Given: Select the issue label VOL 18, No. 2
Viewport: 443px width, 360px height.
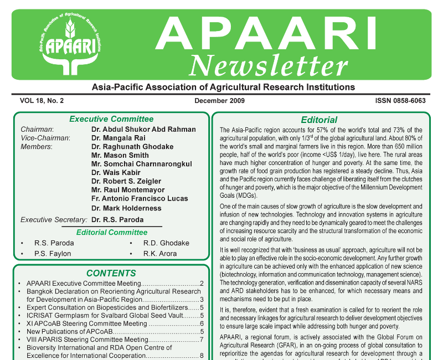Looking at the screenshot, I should [x=42, y=101].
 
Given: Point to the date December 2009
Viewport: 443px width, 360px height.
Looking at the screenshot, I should [x=219, y=101].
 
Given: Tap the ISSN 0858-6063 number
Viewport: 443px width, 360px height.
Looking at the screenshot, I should [x=399, y=101].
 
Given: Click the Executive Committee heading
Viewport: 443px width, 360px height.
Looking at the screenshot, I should [x=111, y=119].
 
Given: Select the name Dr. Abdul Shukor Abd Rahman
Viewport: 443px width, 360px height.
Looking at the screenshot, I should [x=143, y=130].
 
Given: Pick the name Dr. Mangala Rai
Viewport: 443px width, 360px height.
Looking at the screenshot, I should [x=119, y=138].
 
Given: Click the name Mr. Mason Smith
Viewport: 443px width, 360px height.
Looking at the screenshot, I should [x=120, y=156].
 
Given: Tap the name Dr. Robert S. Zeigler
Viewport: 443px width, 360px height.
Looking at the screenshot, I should [x=126, y=181].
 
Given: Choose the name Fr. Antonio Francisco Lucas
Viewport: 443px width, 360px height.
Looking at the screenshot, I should [x=140, y=198].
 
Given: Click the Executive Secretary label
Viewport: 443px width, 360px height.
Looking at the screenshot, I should [x=54, y=220].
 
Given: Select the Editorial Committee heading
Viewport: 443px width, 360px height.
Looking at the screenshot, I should [x=112, y=233].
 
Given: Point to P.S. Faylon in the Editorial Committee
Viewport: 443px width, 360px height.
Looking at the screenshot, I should [x=53, y=254].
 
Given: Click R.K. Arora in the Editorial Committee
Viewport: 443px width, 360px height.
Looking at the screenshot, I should [x=160, y=254].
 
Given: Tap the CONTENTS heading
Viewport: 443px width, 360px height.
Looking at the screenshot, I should [x=111, y=273].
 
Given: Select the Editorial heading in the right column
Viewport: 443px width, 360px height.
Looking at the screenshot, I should [x=319, y=120].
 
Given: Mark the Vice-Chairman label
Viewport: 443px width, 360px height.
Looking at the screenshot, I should [x=45, y=138].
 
